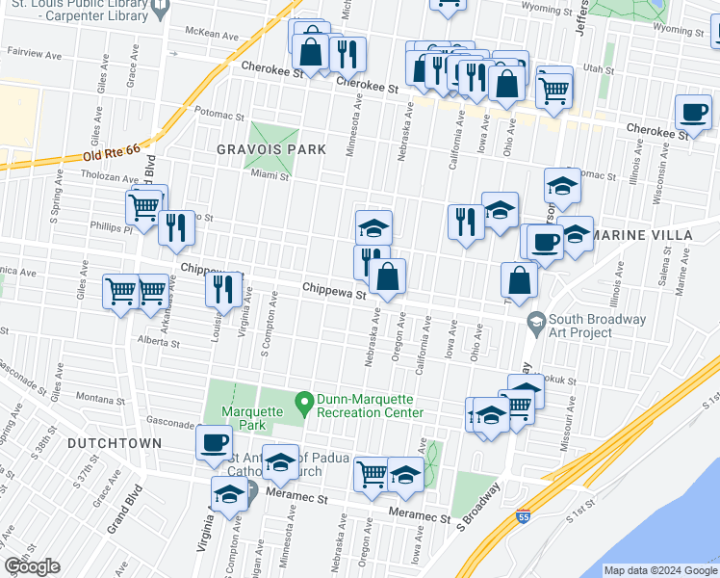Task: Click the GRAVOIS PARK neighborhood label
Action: point(271,149)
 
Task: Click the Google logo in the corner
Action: point(32,566)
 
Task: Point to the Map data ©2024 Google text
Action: point(660,570)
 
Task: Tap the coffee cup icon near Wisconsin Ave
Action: point(692,112)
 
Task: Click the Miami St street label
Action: point(270,175)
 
